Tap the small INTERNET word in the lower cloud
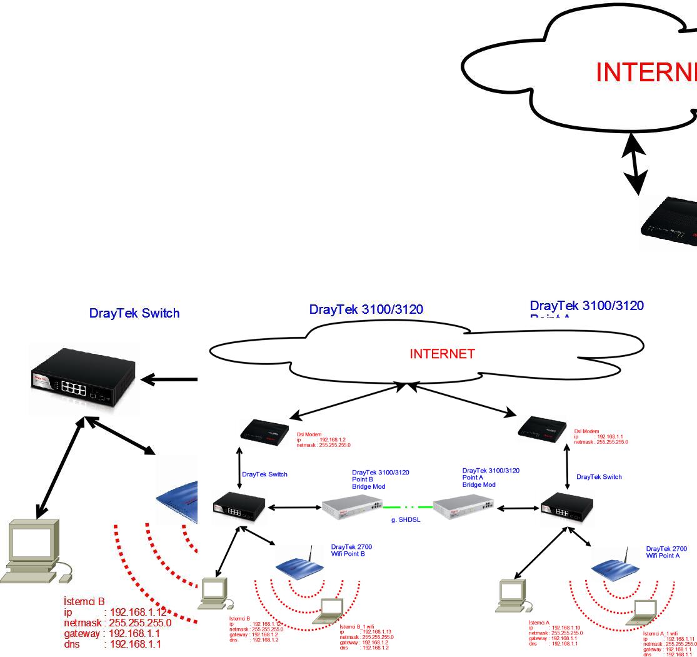[x=442, y=354]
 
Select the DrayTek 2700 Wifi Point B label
[x=352, y=550]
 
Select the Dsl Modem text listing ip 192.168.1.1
[x=601, y=436]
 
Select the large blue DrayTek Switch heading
[x=134, y=313]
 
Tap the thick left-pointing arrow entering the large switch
[x=169, y=379]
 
